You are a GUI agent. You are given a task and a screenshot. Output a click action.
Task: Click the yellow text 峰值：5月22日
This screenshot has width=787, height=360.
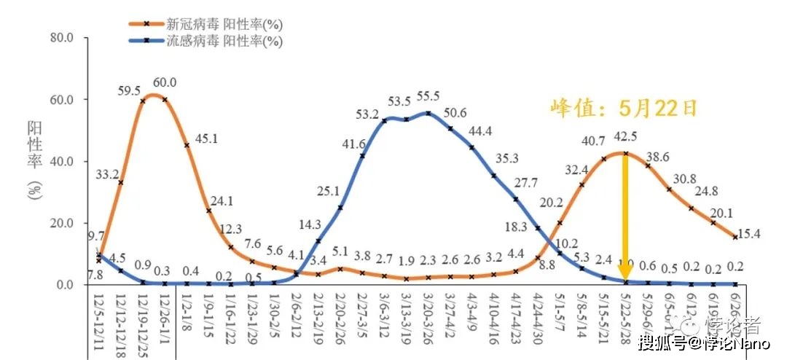pos(624,109)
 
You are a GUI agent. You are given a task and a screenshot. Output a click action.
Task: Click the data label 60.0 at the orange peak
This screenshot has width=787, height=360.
pos(164,82)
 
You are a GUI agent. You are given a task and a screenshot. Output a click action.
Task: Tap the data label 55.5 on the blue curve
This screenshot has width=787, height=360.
pos(428,97)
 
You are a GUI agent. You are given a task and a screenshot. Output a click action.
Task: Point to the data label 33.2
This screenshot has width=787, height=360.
pos(108,173)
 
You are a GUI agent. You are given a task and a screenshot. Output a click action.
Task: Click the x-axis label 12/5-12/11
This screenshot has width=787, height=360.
pos(100,318)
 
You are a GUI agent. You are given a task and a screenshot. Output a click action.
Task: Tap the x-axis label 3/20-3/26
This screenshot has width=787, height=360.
pos(428,318)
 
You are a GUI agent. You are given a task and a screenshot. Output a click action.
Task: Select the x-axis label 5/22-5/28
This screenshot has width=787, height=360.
pos(625,318)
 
